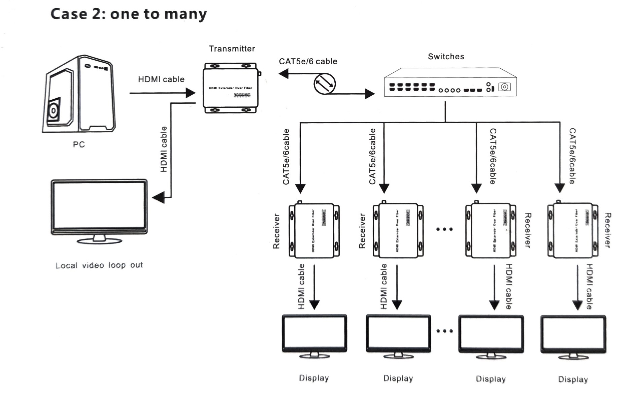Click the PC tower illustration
pyautogui.click(x=79, y=94)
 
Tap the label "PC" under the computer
pyautogui.click(x=79, y=144)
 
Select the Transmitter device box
pyautogui.click(x=231, y=88)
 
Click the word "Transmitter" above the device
pyautogui.click(x=232, y=49)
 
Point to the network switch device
pyautogui.click(x=450, y=83)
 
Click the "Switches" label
pyautogui.click(x=446, y=57)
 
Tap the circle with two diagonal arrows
pyautogui.click(x=325, y=84)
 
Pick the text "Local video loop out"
pyautogui.click(x=99, y=265)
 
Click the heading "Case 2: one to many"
pyautogui.click(x=129, y=14)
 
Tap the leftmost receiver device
pyautogui.click(x=314, y=231)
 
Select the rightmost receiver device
pyautogui.click(x=573, y=231)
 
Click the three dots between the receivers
pyautogui.click(x=444, y=229)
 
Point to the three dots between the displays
pyautogui.click(x=444, y=331)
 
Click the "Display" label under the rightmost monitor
pyautogui.click(x=573, y=380)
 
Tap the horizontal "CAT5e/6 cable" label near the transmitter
pyautogui.click(x=308, y=62)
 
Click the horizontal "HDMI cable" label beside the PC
pyautogui.click(x=161, y=79)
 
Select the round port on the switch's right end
pyautogui.click(x=504, y=87)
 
